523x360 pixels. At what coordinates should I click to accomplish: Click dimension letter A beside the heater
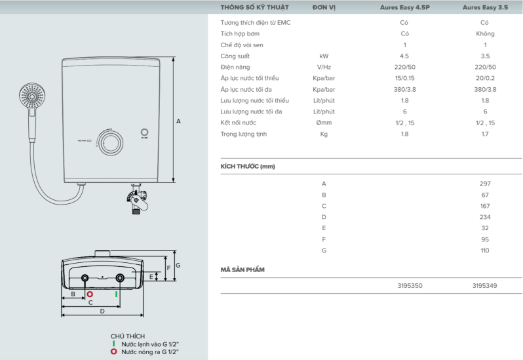pos(178,121)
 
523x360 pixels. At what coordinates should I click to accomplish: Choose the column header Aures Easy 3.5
pos(484,8)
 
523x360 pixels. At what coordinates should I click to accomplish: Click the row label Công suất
pos(235,56)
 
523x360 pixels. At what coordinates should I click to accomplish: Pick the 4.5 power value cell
pos(404,56)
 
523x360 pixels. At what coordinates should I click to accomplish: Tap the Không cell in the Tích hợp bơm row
pos(485,33)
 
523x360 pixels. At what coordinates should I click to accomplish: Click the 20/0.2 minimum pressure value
pos(485,78)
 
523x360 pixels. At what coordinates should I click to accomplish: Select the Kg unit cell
pos(323,134)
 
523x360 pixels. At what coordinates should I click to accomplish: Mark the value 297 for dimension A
pos(485,184)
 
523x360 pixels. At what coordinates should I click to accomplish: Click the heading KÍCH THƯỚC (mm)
pos(248,167)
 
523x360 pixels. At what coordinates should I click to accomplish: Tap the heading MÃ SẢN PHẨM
pos(242,270)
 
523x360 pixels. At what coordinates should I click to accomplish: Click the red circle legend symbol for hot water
pos(114,351)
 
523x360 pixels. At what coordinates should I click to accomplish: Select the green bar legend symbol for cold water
pos(114,343)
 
